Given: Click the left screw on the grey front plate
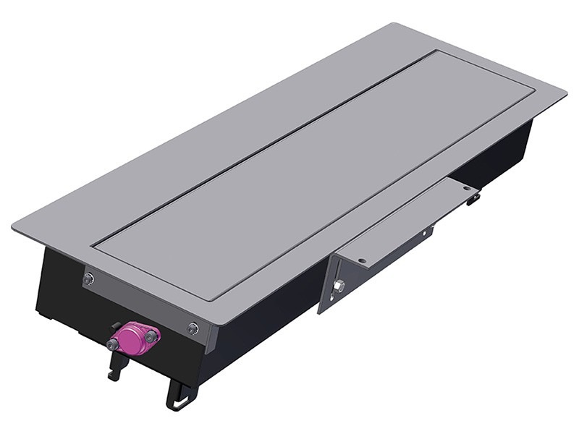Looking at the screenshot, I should coord(88,278).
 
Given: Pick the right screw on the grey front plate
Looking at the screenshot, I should coord(193,329).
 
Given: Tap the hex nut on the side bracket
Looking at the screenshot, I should coord(337,286).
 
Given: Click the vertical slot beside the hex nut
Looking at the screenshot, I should coord(326,286).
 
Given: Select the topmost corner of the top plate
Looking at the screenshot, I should coord(395,24).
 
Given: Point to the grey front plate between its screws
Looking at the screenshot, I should coord(141,304).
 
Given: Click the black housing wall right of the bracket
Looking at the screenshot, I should coord(499,156).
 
